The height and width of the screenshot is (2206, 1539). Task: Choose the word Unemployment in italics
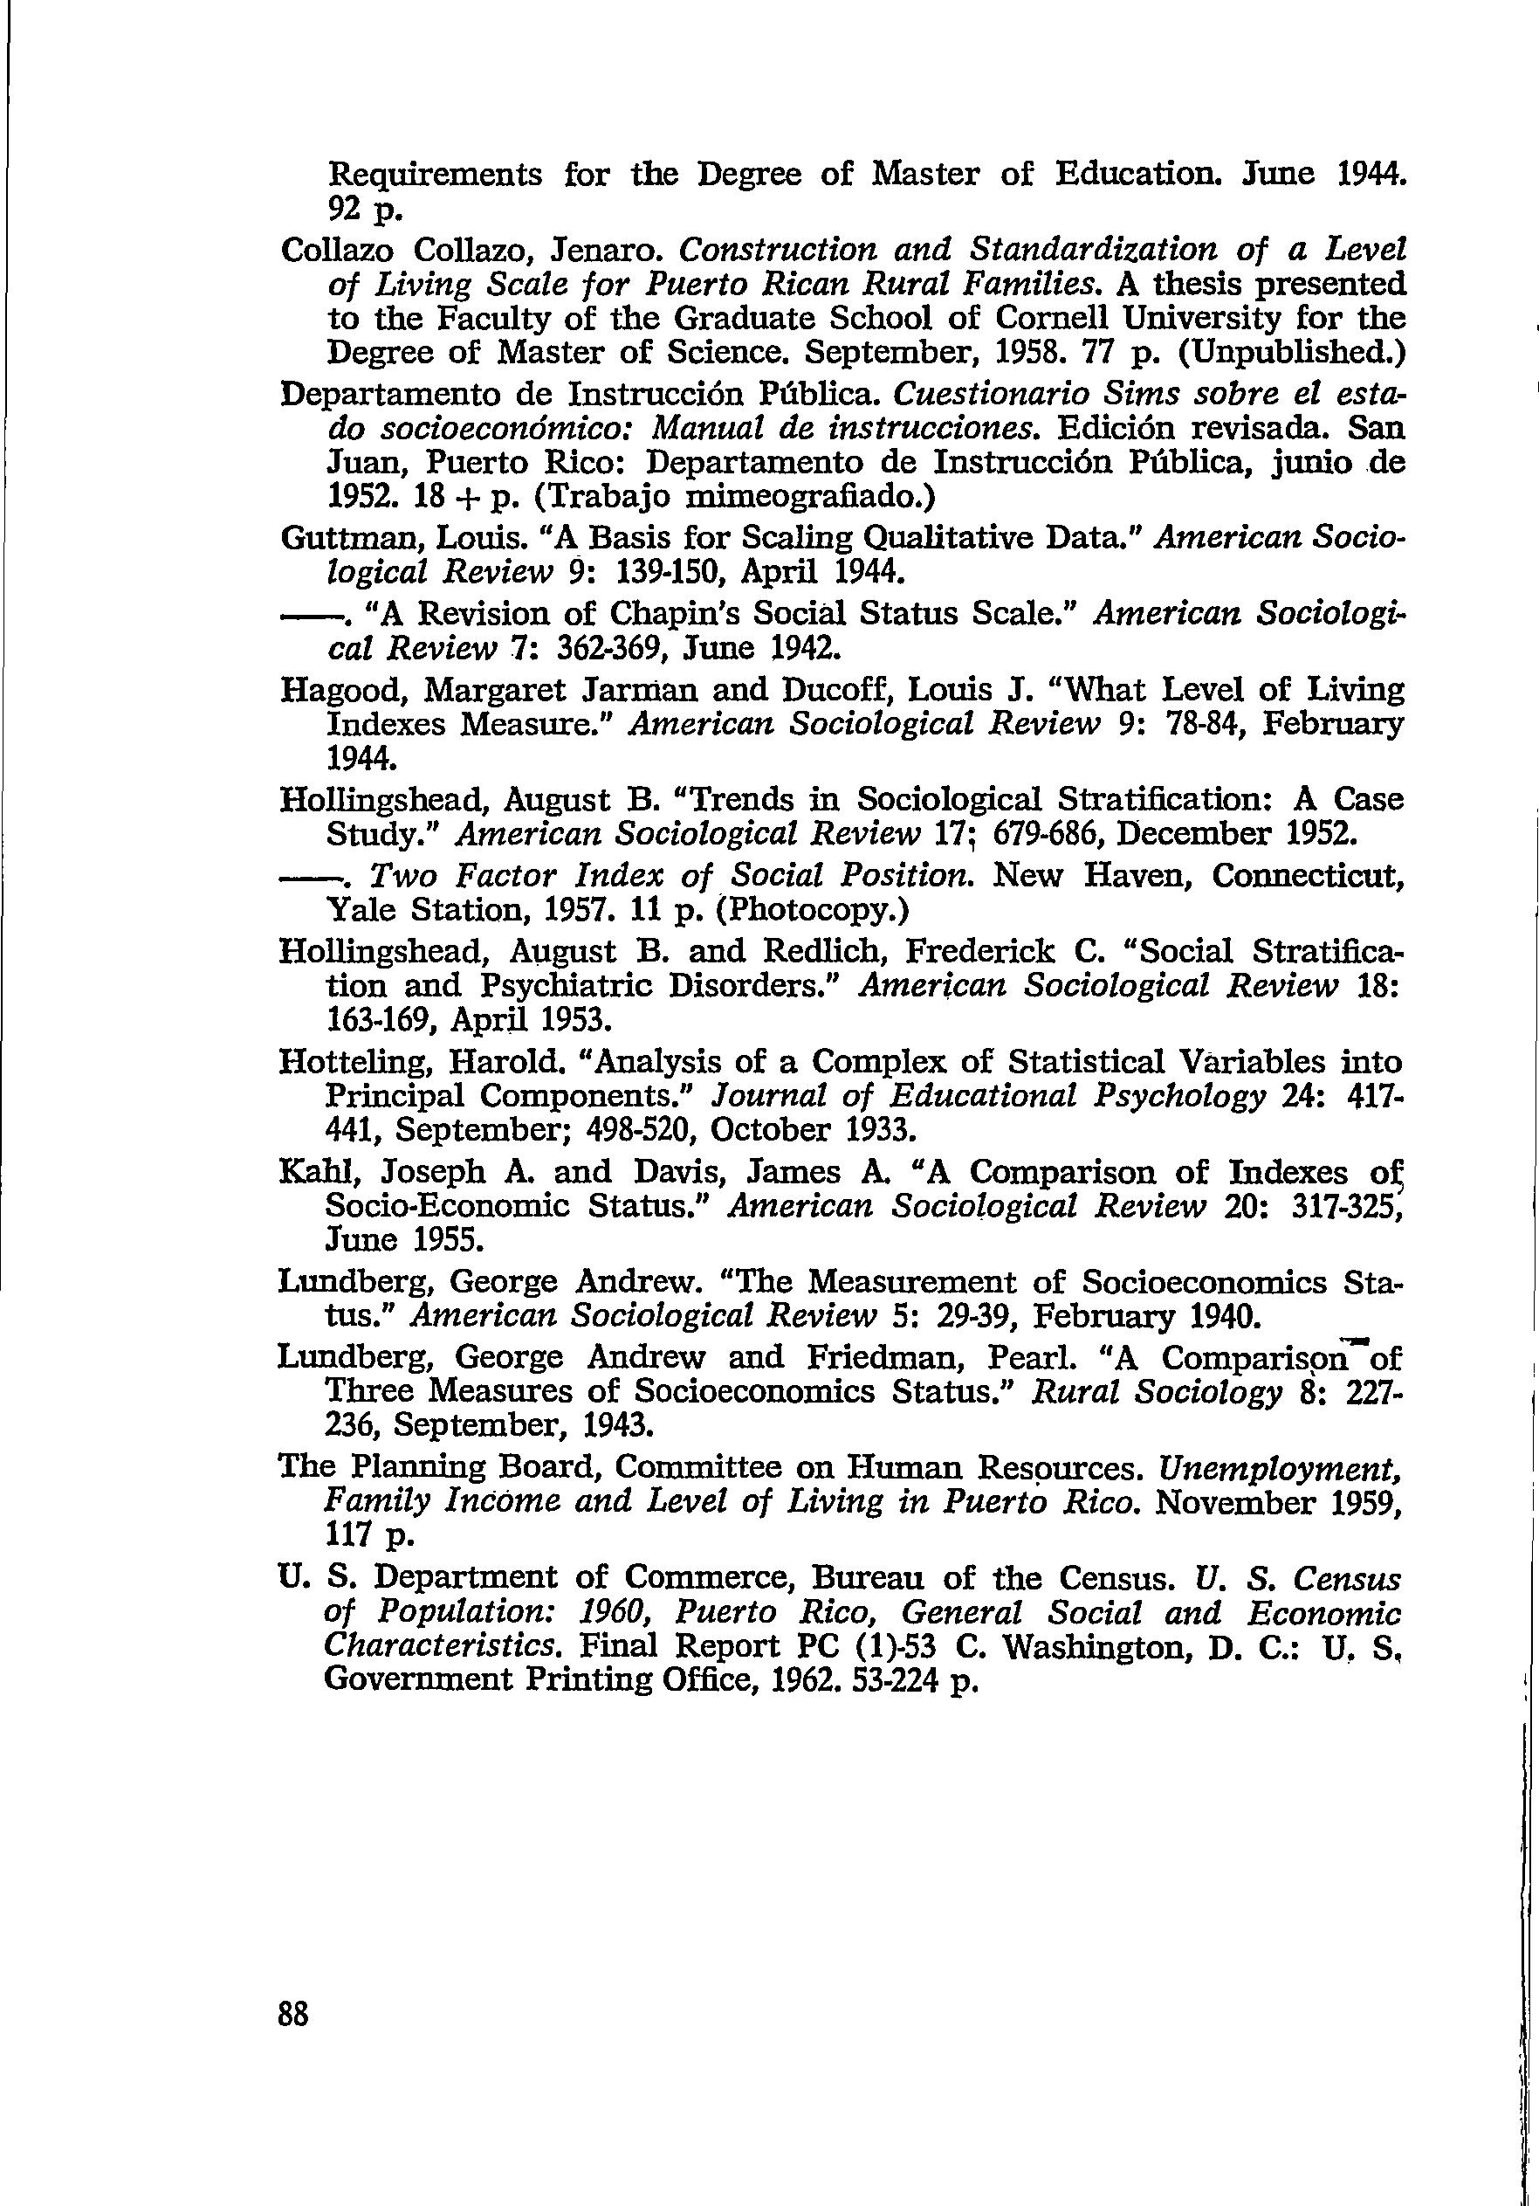(x=1279, y=1467)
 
